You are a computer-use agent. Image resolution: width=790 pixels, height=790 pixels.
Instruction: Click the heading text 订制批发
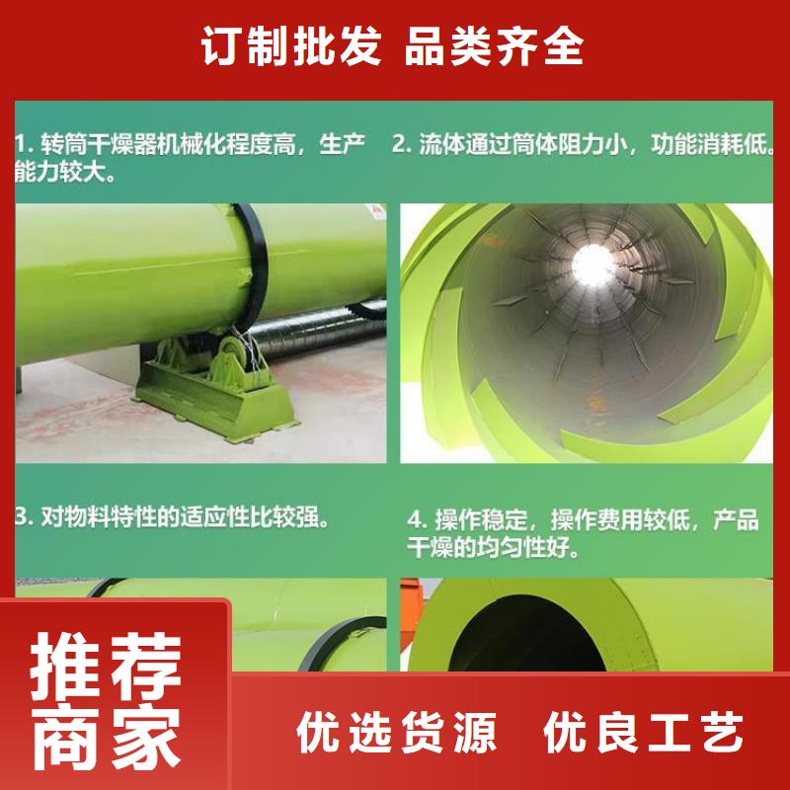pos(291,46)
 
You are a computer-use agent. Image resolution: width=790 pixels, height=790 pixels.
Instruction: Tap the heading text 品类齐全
pos(495,46)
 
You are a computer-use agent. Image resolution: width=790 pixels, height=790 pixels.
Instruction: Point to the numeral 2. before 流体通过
pos(403,144)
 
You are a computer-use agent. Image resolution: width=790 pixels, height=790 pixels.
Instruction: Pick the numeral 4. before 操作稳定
pos(418,520)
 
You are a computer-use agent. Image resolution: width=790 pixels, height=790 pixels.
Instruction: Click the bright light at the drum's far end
pos(593,264)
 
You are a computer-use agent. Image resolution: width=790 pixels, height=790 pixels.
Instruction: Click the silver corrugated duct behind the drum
pos(318,330)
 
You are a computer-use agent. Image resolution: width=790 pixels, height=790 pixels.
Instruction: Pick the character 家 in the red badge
pos(146,737)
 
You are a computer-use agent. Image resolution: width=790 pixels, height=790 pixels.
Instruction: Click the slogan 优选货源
pos(397,732)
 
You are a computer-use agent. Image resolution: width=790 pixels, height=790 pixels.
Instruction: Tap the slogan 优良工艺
pos(644,732)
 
